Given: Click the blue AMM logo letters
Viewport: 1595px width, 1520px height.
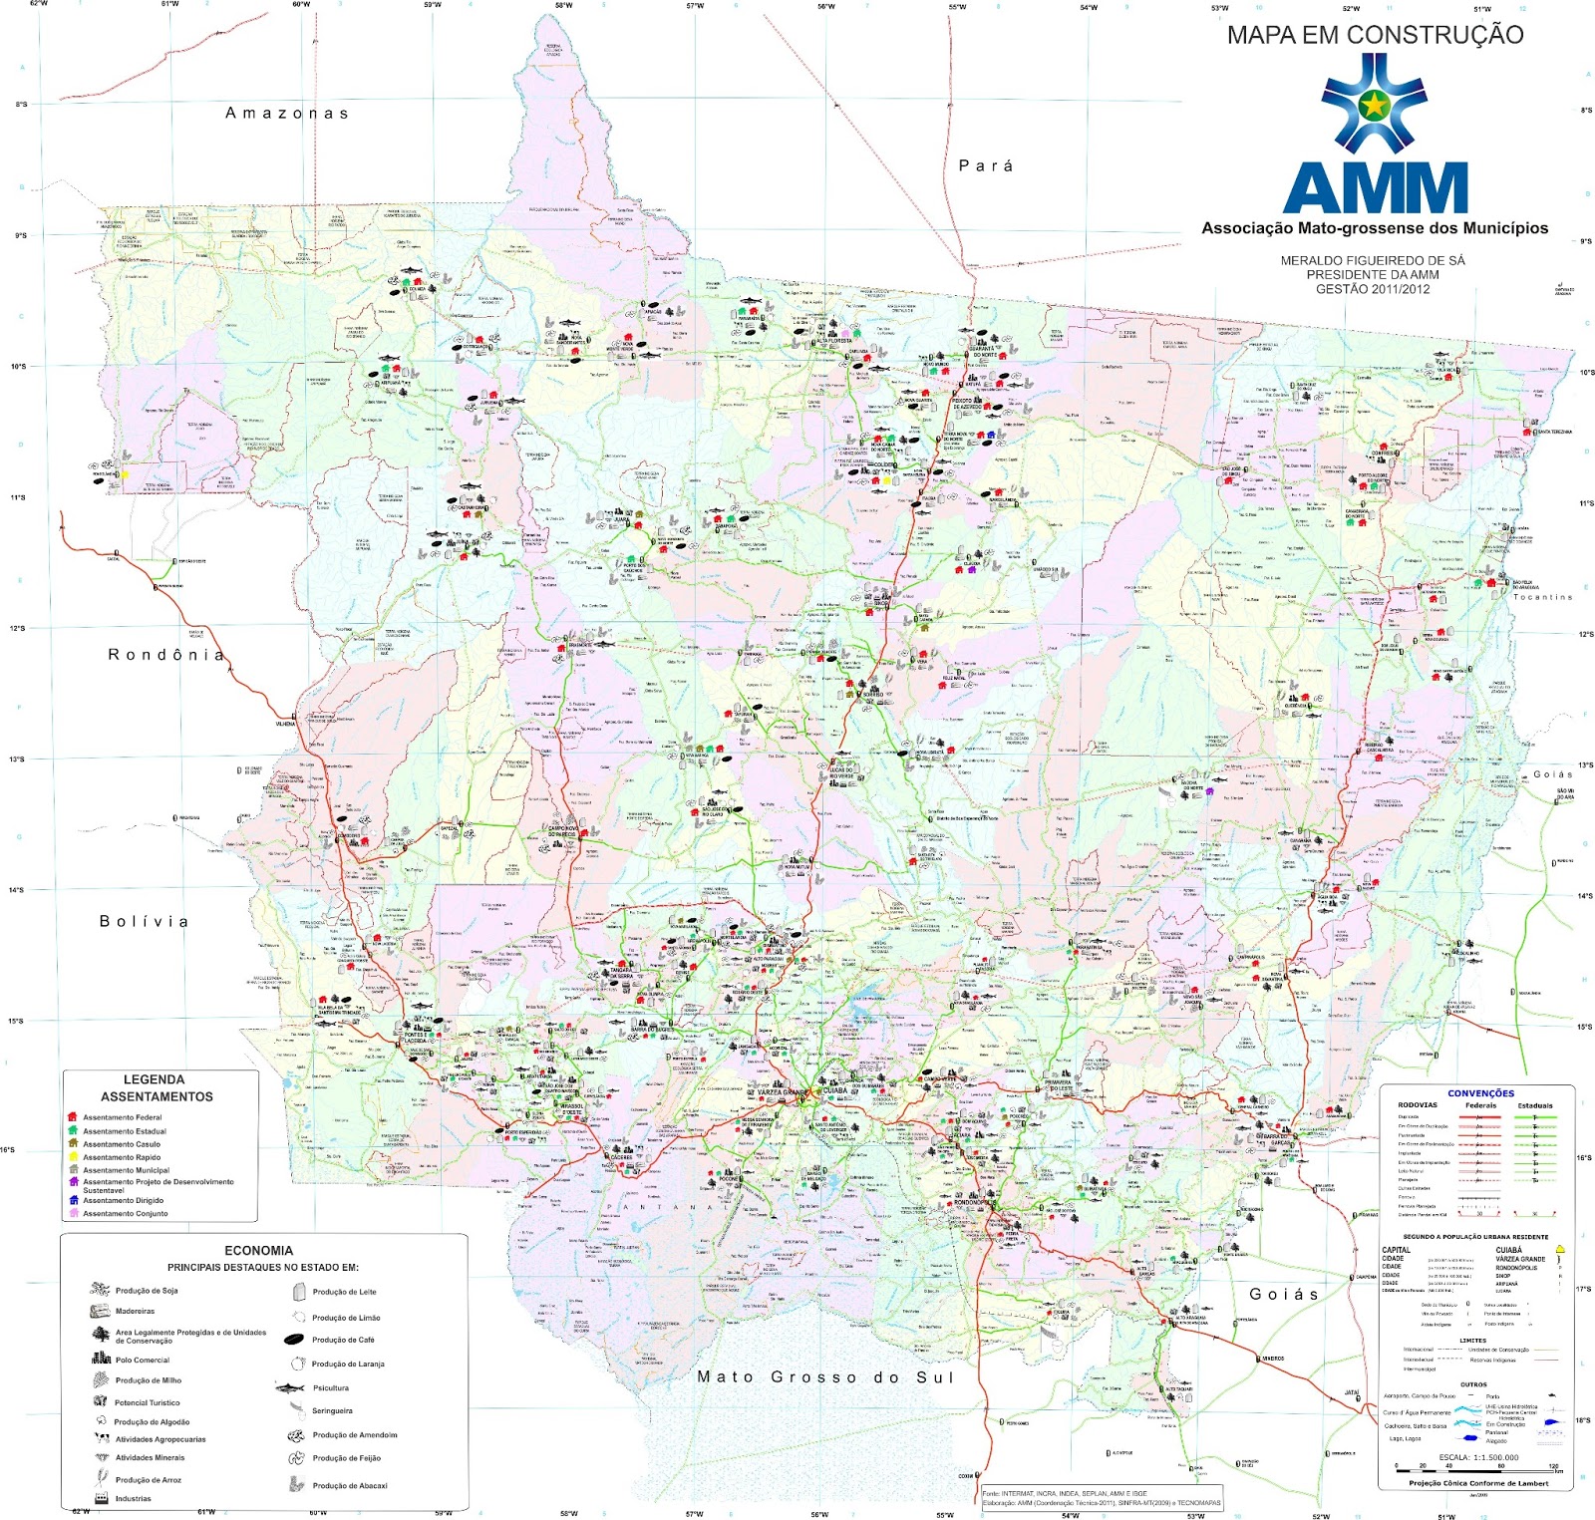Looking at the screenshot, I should coord(1375,187).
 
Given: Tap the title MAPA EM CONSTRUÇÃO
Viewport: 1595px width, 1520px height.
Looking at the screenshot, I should coord(1375,35).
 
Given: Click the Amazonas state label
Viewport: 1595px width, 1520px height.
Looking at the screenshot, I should coord(287,114).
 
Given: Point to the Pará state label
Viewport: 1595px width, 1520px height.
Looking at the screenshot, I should coord(986,166).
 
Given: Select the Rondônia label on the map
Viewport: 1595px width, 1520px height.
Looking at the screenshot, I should coord(166,655).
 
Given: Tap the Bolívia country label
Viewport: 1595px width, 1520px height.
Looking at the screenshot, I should coord(145,921).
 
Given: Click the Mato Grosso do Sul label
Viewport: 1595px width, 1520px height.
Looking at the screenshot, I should coord(825,1377).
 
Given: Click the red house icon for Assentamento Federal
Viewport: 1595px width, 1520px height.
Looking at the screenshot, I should coord(72,1117).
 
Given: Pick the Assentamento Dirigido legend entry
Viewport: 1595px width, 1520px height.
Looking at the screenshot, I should coord(123,1201).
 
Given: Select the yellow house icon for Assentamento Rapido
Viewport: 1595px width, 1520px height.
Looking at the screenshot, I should coord(72,1157).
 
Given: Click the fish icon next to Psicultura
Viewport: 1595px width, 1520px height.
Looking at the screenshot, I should coord(290,1387).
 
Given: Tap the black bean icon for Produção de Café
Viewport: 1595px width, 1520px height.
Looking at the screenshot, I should coord(293,1340).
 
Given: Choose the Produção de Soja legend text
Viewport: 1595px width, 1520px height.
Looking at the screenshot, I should coord(147,1291).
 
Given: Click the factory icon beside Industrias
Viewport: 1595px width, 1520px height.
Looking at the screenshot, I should coord(100,1498).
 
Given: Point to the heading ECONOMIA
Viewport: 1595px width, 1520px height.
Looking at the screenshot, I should coord(258,1250).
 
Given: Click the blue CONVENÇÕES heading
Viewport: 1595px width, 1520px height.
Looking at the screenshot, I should coord(1480,1093).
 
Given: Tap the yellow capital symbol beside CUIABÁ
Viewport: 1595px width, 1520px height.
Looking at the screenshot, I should coord(1560,1249).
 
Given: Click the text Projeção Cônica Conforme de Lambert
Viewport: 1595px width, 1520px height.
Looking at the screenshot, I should coord(1477,1483).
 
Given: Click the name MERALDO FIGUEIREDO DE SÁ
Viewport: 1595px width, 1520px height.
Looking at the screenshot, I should coord(1373,261).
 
